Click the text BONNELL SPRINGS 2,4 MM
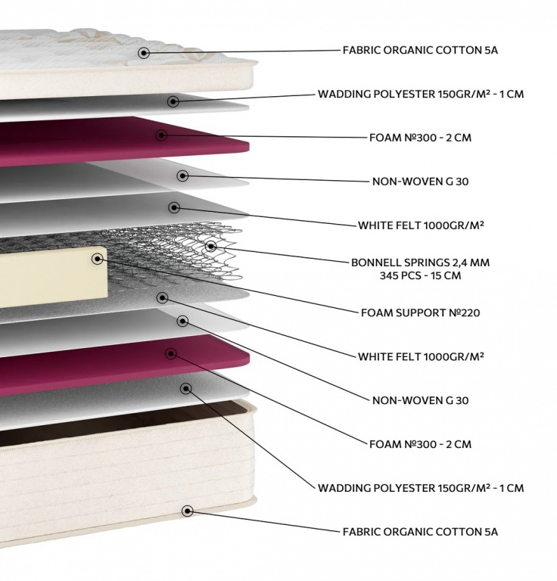[x=420, y=263]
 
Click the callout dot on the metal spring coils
[x=210, y=246]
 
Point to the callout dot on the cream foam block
[x=98, y=259]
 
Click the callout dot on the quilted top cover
[x=144, y=52]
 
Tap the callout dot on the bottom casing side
[x=187, y=511]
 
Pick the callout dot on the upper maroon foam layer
[x=161, y=135]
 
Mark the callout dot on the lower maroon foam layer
[x=171, y=353]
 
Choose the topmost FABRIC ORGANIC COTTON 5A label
[x=420, y=51]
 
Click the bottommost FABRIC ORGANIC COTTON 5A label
[x=420, y=532]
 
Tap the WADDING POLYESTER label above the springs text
[x=420, y=95]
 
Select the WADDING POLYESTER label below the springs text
[x=420, y=488]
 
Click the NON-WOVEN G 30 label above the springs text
[x=421, y=182]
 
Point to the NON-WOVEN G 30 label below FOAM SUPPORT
[x=421, y=399]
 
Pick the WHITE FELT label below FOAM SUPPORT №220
[x=421, y=356]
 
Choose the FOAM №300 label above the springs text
[x=419, y=138]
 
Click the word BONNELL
[x=377, y=263]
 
